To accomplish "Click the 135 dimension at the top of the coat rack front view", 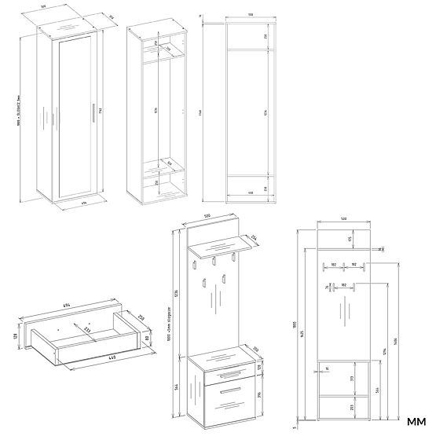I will click(x=350, y=239).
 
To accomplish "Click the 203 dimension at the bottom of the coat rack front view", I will click(x=350, y=407).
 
